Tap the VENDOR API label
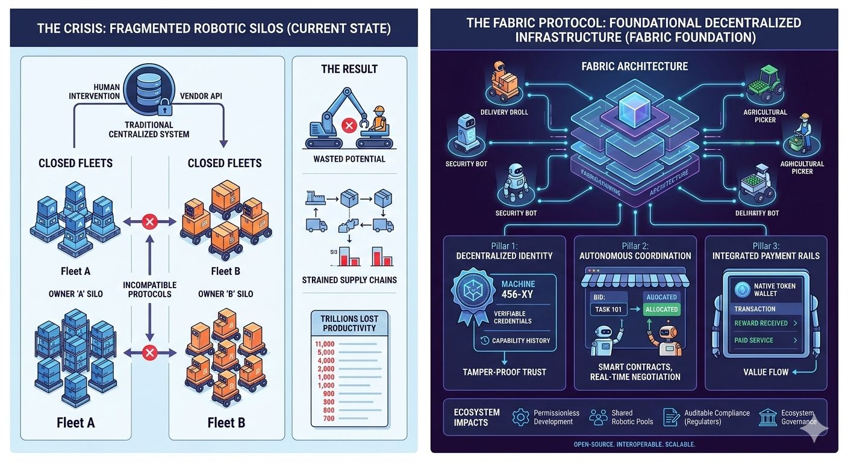(x=204, y=96)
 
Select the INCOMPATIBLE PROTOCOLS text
(x=150, y=289)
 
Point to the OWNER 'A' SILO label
(x=75, y=294)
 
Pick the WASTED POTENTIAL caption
(x=349, y=159)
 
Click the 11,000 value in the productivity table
(x=325, y=343)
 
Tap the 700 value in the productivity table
(x=328, y=417)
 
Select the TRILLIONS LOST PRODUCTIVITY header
(x=349, y=324)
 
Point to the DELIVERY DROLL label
(x=505, y=112)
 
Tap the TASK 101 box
(x=608, y=309)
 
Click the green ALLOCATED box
(x=661, y=309)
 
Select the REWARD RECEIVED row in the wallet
(x=765, y=323)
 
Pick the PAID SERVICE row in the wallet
(x=765, y=340)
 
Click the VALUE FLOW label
(x=765, y=372)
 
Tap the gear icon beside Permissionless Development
(x=520, y=417)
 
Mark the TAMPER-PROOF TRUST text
(x=504, y=372)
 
